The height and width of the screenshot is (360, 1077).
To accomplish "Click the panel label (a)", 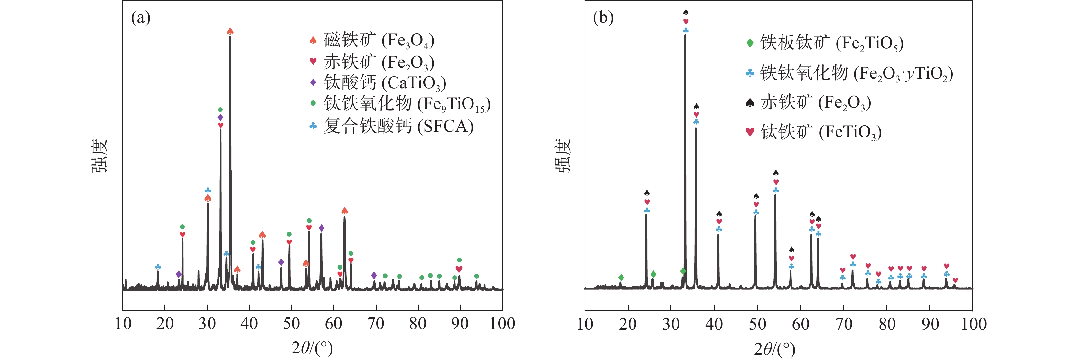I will pyautogui.click(x=140, y=18).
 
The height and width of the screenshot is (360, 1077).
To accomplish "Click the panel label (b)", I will pyautogui.click(x=603, y=18).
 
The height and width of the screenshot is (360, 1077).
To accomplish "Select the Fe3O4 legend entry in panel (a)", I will pyautogui.click(x=379, y=40).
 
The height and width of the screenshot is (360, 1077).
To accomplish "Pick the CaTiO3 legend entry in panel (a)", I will pyautogui.click(x=384, y=82).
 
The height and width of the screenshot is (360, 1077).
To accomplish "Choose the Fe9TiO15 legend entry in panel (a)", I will pyautogui.click(x=407, y=104).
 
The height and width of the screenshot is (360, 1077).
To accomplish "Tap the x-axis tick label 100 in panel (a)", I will pyautogui.click(x=502, y=324).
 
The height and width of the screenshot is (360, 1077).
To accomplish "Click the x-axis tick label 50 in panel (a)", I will pyautogui.click(x=291, y=324).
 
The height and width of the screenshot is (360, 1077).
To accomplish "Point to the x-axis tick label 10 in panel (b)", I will pyautogui.click(x=585, y=325).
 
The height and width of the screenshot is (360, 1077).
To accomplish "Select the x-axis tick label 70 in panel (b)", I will pyautogui.click(x=844, y=325).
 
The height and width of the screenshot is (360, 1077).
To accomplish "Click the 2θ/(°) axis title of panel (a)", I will pyautogui.click(x=312, y=348).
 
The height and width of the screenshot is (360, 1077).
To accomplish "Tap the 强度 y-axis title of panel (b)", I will pyautogui.click(x=563, y=156).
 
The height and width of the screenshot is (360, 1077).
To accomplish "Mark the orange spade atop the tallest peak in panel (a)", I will pyautogui.click(x=230, y=31).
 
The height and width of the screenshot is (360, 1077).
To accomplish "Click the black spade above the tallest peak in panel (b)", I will pyautogui.click(x=686, y=12).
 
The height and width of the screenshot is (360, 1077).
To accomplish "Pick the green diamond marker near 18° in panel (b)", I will pyautogui.click(x=621, y=277).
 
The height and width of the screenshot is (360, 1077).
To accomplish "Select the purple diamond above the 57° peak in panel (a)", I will pyautogui.click(x=321, y=228).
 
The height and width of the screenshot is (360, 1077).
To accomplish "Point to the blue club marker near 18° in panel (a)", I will pyautogui.click(x=158, y=266).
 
